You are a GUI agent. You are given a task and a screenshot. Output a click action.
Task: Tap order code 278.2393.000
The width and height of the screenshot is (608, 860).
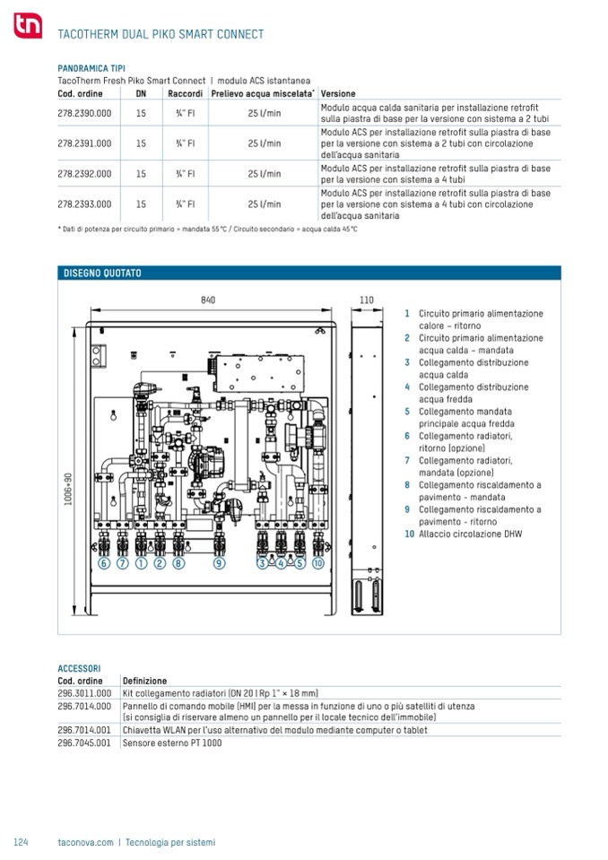(84, 204)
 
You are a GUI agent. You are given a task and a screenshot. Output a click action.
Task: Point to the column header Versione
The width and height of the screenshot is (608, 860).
(338, 94)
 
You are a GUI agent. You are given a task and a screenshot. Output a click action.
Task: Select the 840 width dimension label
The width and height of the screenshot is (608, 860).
(208, 300)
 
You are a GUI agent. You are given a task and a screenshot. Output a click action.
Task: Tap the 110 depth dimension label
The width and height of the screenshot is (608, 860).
(366, 300)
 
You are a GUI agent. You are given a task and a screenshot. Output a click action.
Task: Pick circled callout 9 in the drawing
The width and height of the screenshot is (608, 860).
(219, 564)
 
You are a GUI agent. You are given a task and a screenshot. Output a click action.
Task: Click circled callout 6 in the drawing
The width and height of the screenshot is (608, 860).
(103, 564)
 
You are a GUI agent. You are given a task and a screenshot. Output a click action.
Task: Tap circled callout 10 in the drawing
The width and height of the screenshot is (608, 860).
(317, 564)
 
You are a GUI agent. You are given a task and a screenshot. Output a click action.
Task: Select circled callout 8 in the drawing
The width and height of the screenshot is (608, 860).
(178, 564)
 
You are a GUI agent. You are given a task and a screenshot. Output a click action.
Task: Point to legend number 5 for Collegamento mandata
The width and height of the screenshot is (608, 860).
(407, 412)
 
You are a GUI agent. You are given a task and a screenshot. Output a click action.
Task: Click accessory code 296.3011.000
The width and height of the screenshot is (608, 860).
(84, 693)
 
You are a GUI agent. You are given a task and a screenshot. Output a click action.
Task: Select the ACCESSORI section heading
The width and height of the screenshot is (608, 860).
(79, 668)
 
